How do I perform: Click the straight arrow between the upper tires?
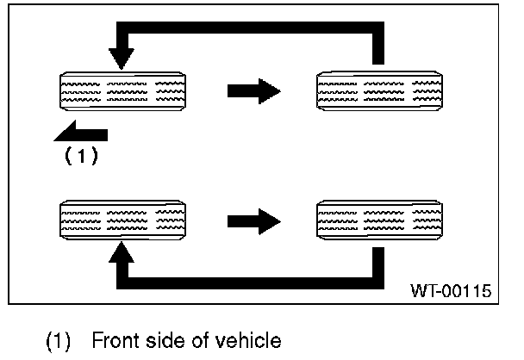point(254,90)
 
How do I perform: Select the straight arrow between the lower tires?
point(254,220)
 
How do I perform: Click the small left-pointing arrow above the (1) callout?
point(83,134)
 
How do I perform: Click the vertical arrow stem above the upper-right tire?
point(377,46)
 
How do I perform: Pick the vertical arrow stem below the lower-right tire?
point(377,264)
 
